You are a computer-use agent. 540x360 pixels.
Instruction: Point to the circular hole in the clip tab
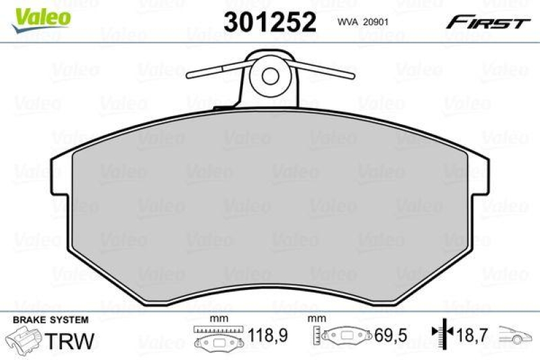point(271,75)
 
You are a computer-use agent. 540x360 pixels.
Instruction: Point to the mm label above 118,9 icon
point(217,319)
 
